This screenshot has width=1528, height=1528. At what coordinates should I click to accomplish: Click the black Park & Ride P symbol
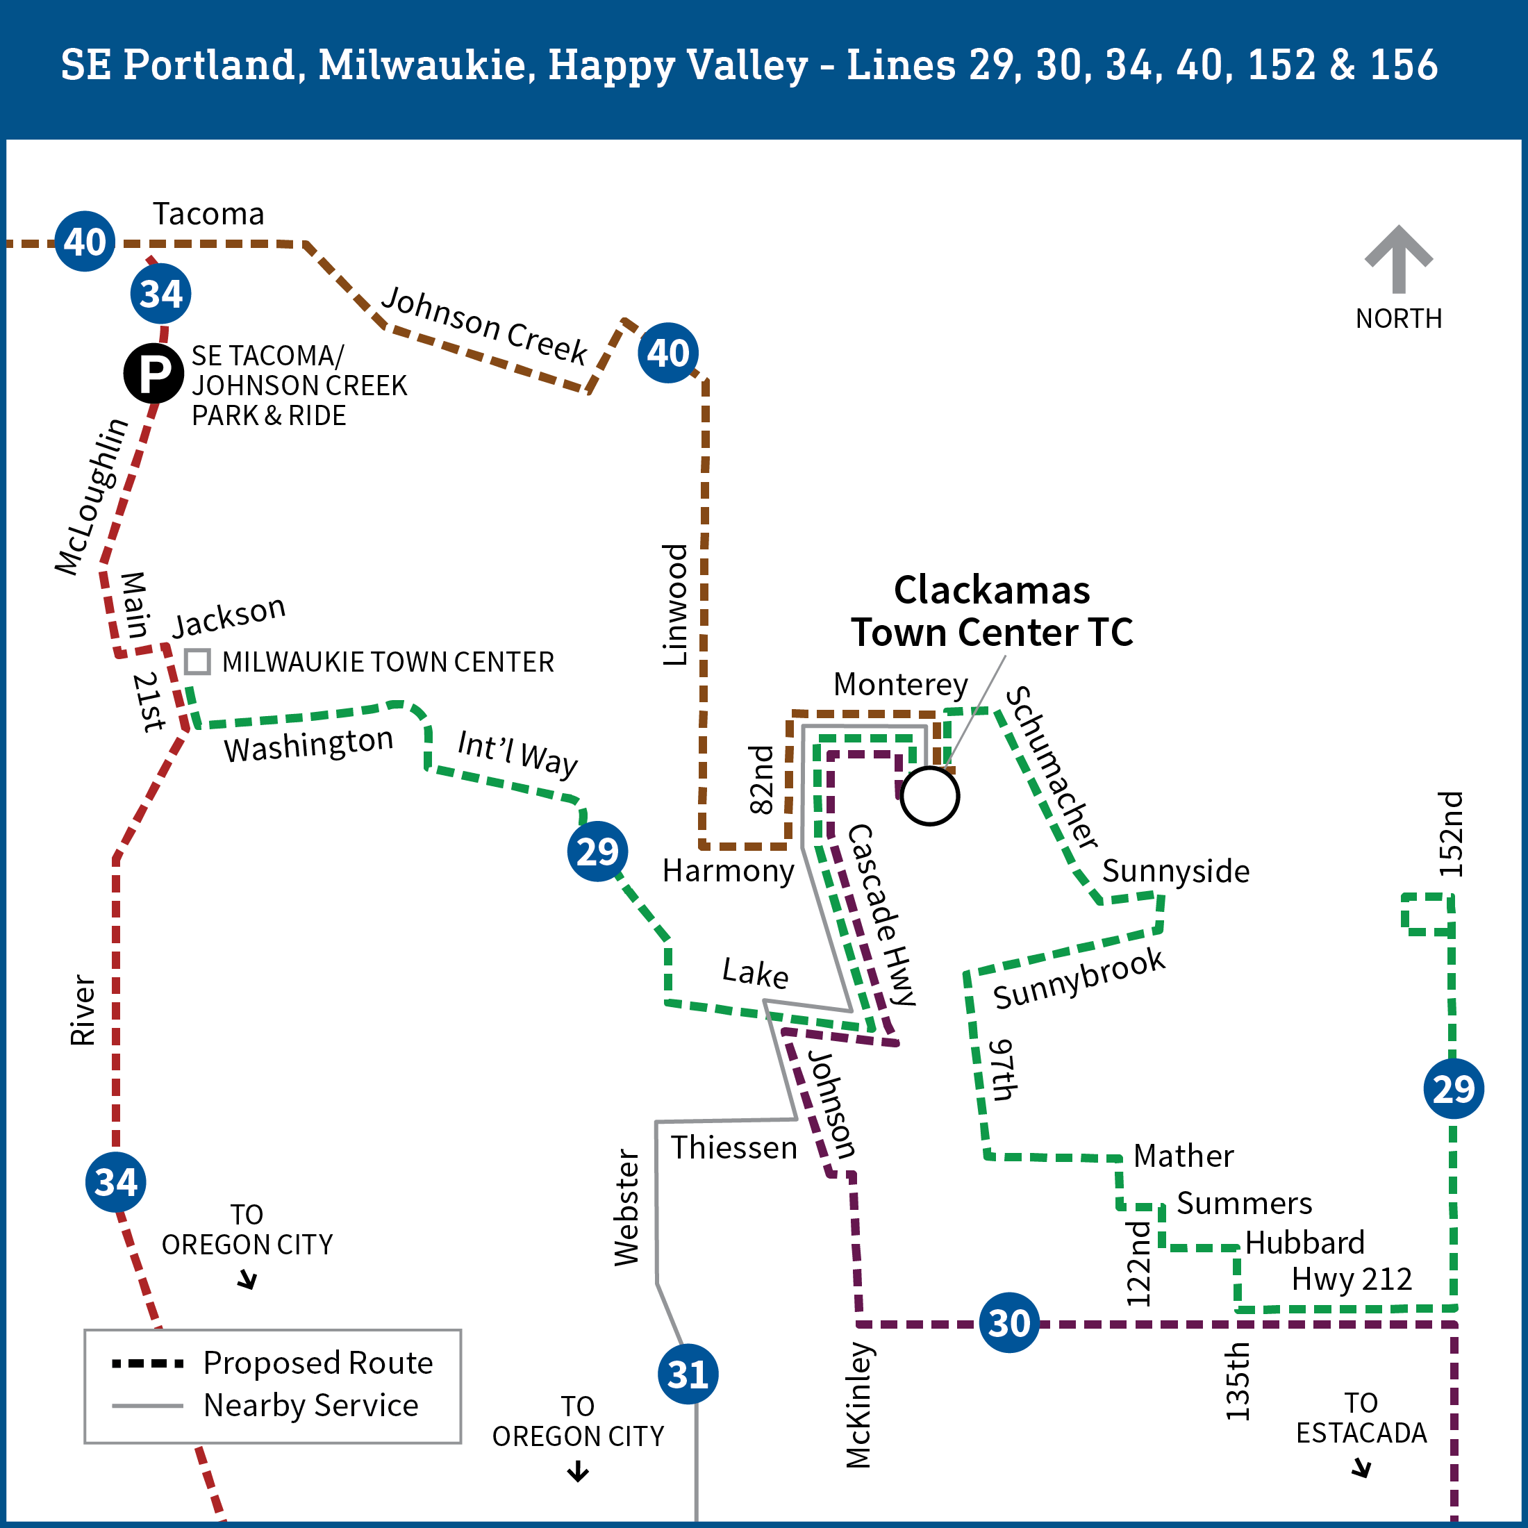153,372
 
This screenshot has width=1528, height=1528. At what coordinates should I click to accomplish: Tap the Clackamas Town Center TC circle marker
930,796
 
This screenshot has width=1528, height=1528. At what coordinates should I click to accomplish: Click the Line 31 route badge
688,1374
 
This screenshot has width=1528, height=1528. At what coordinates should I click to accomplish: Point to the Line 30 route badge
1008,1322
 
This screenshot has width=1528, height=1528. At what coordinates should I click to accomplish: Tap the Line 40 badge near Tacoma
85,241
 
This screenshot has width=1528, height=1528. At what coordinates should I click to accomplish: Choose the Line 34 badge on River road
115,1182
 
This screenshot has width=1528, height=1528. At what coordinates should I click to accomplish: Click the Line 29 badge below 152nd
1453,1088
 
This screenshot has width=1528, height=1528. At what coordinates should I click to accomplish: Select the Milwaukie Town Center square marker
197,661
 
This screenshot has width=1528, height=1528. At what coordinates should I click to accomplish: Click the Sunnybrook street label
1079,979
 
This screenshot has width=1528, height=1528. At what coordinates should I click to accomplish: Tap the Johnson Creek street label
484,326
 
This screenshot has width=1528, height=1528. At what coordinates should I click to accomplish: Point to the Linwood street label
674,605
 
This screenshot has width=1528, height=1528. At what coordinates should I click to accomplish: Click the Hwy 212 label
1351,1279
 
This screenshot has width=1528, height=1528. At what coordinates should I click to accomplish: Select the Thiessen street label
734,1147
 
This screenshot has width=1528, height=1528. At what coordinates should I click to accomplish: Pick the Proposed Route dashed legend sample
148,1363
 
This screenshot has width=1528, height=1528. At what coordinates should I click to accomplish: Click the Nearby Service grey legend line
148,1405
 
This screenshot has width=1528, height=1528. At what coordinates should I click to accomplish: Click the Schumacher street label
1051,768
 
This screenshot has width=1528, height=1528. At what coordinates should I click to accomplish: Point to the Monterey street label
900,684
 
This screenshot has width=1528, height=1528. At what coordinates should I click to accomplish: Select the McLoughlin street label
91,496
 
